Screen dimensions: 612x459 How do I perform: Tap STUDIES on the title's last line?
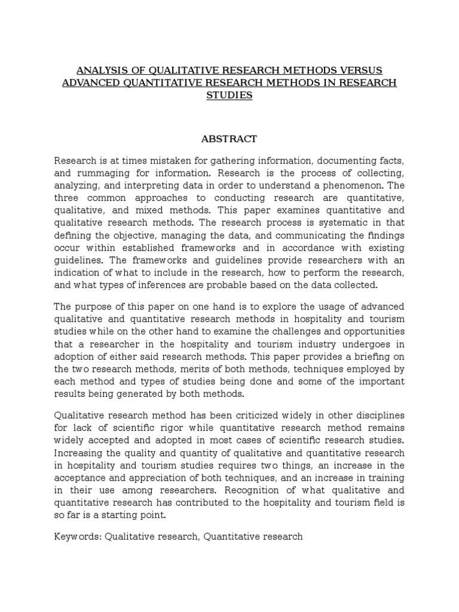(x=229, y=96)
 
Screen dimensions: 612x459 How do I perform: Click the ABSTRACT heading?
(x=229, y=139)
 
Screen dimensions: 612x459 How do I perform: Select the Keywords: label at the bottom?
(x=78, y=537)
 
